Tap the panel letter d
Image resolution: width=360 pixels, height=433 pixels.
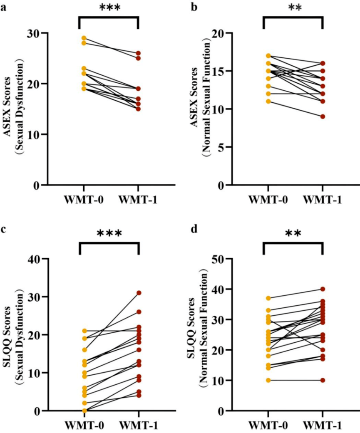tap(195, 229)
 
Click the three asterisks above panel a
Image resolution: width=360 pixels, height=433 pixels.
tap(110, 7)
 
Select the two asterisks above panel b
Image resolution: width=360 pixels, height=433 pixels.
tap(295, 7)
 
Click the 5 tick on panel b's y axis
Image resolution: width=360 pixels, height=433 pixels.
tap(221, 147)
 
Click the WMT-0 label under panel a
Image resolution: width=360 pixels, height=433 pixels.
tap(84, 200)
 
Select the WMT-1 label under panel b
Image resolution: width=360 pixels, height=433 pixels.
tap(323, 200)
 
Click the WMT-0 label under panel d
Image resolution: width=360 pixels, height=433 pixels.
tap(268, 425)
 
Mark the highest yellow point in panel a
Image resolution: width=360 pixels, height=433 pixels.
tap(84, 38)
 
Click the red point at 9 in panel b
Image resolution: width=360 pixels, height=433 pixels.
tap(323, 116)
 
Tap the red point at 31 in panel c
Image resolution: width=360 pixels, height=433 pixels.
tap(139, 293)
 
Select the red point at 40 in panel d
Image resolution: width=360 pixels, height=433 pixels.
tap(323, 289)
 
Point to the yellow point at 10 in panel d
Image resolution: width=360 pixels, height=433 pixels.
tap(268, 380)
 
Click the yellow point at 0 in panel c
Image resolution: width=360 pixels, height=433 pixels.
tap(84, 411)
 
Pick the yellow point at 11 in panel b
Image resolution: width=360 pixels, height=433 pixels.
tap(268, 101)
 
